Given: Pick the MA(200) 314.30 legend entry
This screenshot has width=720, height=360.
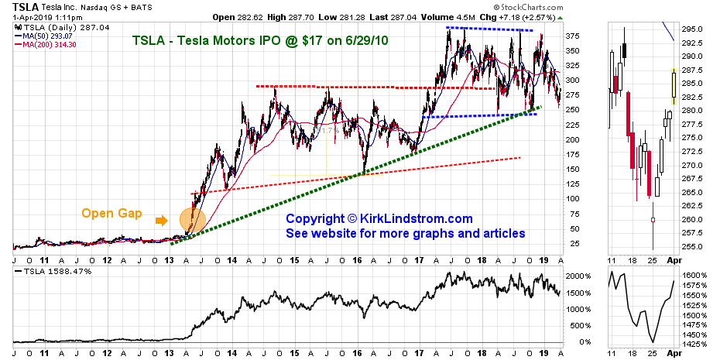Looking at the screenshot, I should [48, 43].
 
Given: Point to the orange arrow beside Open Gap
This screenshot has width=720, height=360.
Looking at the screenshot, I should [161, 220].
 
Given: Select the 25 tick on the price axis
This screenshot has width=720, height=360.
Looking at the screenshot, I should [574, 244].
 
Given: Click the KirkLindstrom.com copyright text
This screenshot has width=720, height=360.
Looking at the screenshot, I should [379, 220].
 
